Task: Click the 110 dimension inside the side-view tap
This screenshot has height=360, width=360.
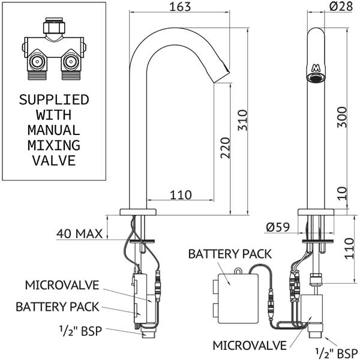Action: coord(180,195)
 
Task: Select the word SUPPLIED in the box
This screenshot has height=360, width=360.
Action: coord(54,98)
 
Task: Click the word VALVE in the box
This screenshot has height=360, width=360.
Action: coord(54,160)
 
